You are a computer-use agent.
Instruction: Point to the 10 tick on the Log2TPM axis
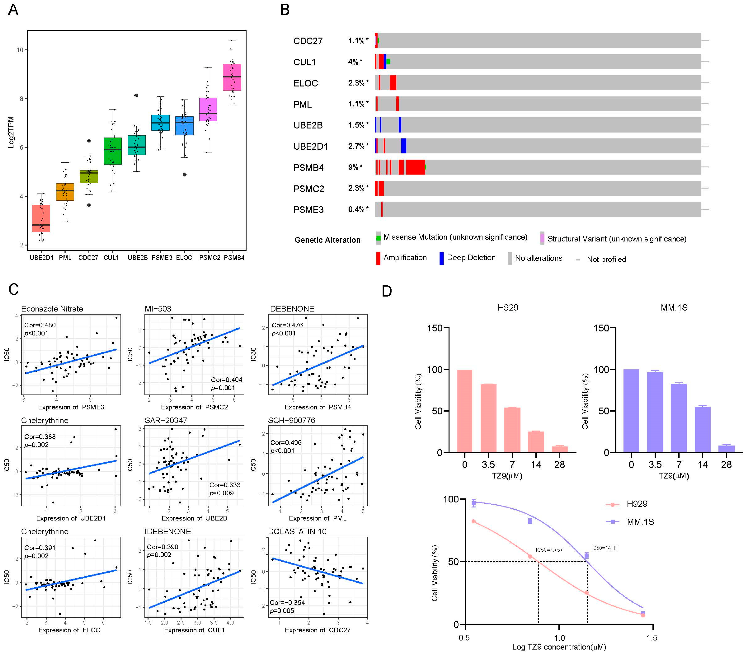point(20,50)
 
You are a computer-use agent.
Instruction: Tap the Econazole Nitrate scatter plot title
point(52,309)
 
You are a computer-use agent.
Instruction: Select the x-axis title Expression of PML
point(317,518)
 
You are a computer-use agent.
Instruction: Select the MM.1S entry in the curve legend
point(640,522)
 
